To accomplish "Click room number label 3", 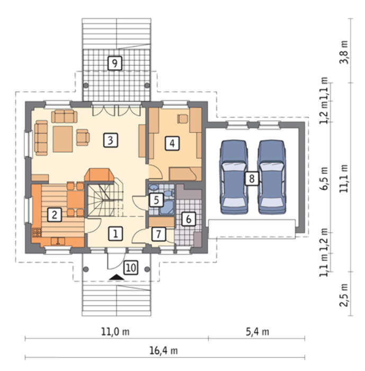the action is [111, 140].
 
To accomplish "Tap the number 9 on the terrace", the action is [115, 63].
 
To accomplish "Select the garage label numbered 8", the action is [252, 179].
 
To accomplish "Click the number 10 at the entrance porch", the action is [131, 268].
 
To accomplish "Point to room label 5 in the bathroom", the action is [156, 200].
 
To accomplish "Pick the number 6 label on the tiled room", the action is [189, 219].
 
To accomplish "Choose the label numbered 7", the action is [158, 234].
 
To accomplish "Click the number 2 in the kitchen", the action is [55, 215].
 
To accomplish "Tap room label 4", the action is [172, 143].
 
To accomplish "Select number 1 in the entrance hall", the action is [115, 234].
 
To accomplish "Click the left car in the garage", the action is [234, 177].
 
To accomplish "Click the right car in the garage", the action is [271, 177].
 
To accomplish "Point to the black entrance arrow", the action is [117, 277].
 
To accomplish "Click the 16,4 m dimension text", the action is [164, 351].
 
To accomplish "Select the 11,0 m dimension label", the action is [115, 332].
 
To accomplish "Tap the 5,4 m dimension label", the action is [257, 332].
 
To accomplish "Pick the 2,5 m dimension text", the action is [344, 295].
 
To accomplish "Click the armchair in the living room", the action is [83, 137].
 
